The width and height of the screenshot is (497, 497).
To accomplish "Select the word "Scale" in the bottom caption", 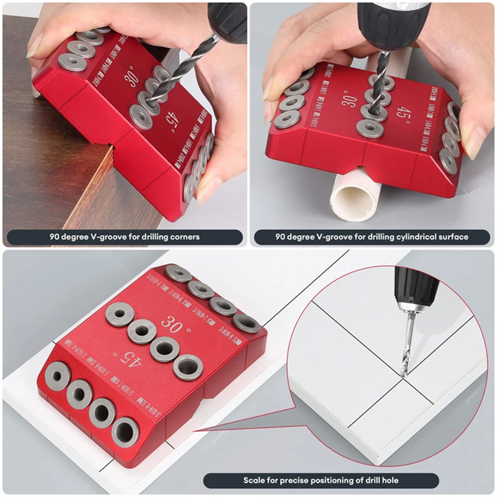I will [254, 480].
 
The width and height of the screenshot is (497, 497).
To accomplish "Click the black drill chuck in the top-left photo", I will [228, 20].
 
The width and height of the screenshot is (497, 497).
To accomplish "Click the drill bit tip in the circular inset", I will [403, 374].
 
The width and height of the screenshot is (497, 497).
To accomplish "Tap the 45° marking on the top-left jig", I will [170, 118].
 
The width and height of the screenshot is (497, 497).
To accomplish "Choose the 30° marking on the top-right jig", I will [349, 99].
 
